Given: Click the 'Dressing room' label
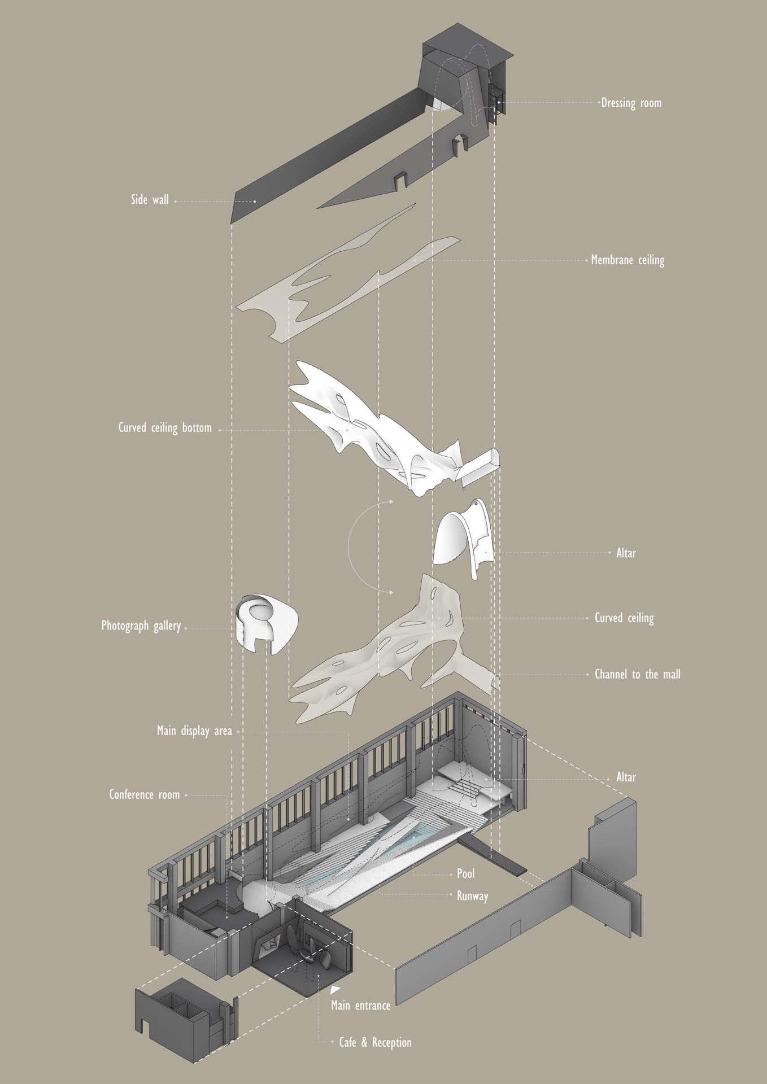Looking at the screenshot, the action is tap(631, 103).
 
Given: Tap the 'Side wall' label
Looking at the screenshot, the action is tap(150, 200).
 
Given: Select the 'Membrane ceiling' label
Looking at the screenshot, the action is tap(627, 260).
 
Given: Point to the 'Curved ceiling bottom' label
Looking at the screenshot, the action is tap(165, 428).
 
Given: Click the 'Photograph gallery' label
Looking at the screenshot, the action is tap(141, 626).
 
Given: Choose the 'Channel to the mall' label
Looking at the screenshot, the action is tap(638, 674).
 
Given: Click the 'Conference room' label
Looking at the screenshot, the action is tap(145, 795).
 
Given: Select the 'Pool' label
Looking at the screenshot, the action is tap(466, 874).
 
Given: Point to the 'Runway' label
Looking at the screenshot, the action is tap(473, 896).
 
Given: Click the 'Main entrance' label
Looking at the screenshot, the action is tap(361, 1006).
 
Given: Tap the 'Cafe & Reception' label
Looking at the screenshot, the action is tap(376, 1042).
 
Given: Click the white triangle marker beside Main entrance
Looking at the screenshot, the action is tap(335, 990).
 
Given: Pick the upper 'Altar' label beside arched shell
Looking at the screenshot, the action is tap(626, 553).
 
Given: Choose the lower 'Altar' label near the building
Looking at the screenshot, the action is tap(626, 777).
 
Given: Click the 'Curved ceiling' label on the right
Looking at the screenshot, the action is tap(625, 618).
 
